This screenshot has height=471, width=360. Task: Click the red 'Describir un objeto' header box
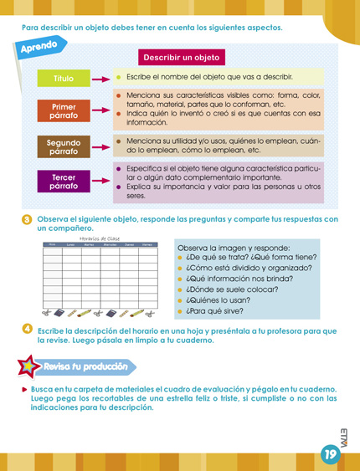click(181, 58)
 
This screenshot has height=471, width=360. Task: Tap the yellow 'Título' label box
click(64, 79)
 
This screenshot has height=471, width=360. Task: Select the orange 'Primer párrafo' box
click(64, 111)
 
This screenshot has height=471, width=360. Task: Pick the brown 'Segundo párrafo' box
click(64, 147)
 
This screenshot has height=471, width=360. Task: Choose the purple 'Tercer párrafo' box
click(64, 182)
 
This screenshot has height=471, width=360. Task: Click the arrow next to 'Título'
click(101, 79)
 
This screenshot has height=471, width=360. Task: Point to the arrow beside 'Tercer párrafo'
click(101, 182)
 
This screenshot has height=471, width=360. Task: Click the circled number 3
click(27, 220)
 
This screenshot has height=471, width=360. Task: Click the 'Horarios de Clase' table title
click(100, 238)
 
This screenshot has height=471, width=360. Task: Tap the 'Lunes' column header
click(71, 244)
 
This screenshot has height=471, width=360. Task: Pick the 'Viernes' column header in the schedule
click(147, 244)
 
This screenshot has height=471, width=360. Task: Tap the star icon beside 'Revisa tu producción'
click(30, 366)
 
